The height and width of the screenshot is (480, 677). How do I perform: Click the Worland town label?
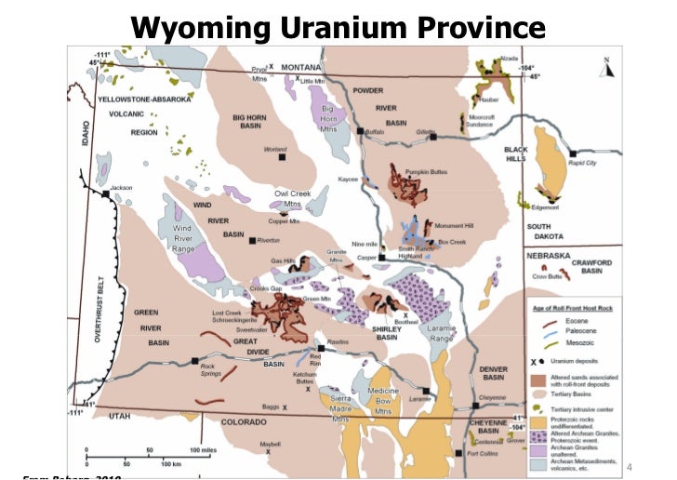(x=275, y=149)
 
